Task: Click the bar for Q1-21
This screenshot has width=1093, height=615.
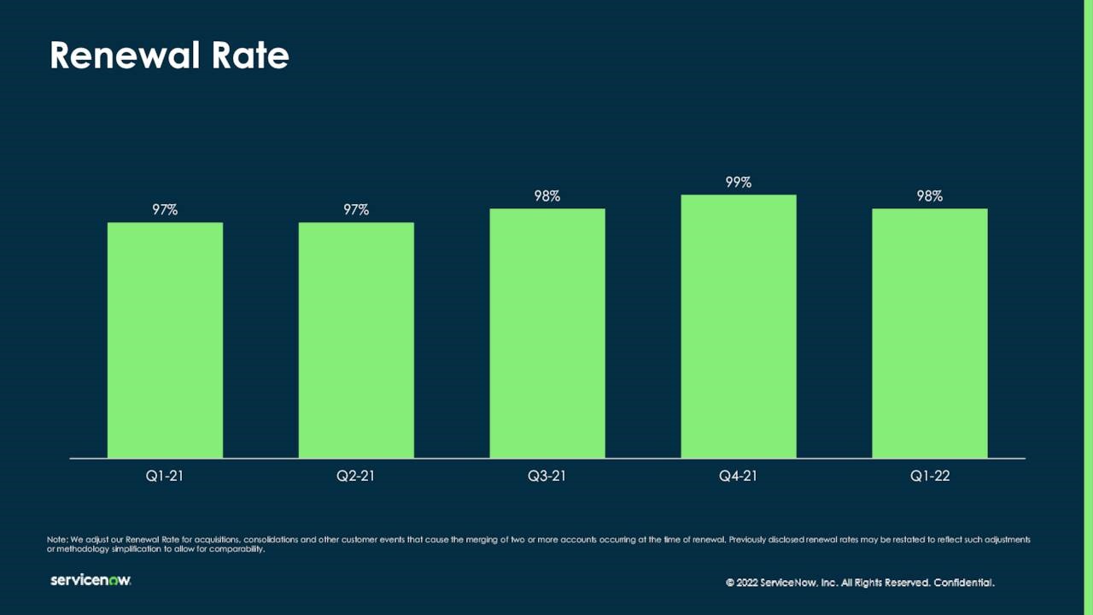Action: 165,340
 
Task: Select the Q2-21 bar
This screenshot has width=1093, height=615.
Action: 356,340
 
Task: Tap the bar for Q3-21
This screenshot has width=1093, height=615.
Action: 547,333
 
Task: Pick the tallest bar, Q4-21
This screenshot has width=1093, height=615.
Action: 739,326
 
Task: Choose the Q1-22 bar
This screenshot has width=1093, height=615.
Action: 930,333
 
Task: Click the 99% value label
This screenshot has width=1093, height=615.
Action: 739,182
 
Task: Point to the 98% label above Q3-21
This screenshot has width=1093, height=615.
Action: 547,196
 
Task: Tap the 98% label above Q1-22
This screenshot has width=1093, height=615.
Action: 930,196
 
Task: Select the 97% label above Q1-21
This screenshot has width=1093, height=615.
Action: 165,209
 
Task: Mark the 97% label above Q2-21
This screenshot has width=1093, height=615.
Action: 356,209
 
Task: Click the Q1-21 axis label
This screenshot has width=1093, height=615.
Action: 165,477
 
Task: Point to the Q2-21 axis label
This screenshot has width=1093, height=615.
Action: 356,477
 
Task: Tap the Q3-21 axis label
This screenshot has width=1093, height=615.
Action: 547,477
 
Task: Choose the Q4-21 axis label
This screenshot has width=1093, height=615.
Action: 739,477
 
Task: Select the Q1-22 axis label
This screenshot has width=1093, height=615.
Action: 930,477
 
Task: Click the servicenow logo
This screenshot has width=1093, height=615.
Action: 91,581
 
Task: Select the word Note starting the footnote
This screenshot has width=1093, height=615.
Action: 56,540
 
